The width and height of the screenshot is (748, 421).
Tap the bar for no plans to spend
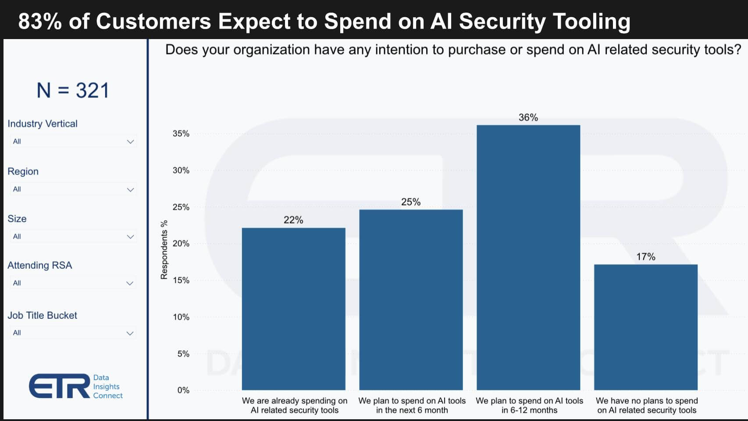[x=645, y=327]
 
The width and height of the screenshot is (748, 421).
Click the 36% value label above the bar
[x=528, y=118]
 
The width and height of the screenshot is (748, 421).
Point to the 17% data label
[x=645, y=257]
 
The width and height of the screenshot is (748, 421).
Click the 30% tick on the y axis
[x=181, y=170]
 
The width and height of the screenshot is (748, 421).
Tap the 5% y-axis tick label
[x=183, y=354]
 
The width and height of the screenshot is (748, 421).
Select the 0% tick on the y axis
[x=183, y=390]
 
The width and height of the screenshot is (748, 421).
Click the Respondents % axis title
[x=164, y=250]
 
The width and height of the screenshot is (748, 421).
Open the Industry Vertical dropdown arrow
[x=130, y=141]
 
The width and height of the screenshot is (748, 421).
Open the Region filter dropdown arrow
[x=130, y=190]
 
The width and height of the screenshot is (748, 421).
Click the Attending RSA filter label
[x=39, y=265]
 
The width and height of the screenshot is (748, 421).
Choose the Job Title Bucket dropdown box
[x=72, y=333]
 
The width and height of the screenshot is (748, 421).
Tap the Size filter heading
[x=17, y=219]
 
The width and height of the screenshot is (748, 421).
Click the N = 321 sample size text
[x=73, y=90]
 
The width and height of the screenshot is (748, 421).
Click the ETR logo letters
[x=60, y=386]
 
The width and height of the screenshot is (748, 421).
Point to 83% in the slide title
[x=40, y=21]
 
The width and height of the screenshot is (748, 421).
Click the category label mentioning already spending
[x=294, y=405]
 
